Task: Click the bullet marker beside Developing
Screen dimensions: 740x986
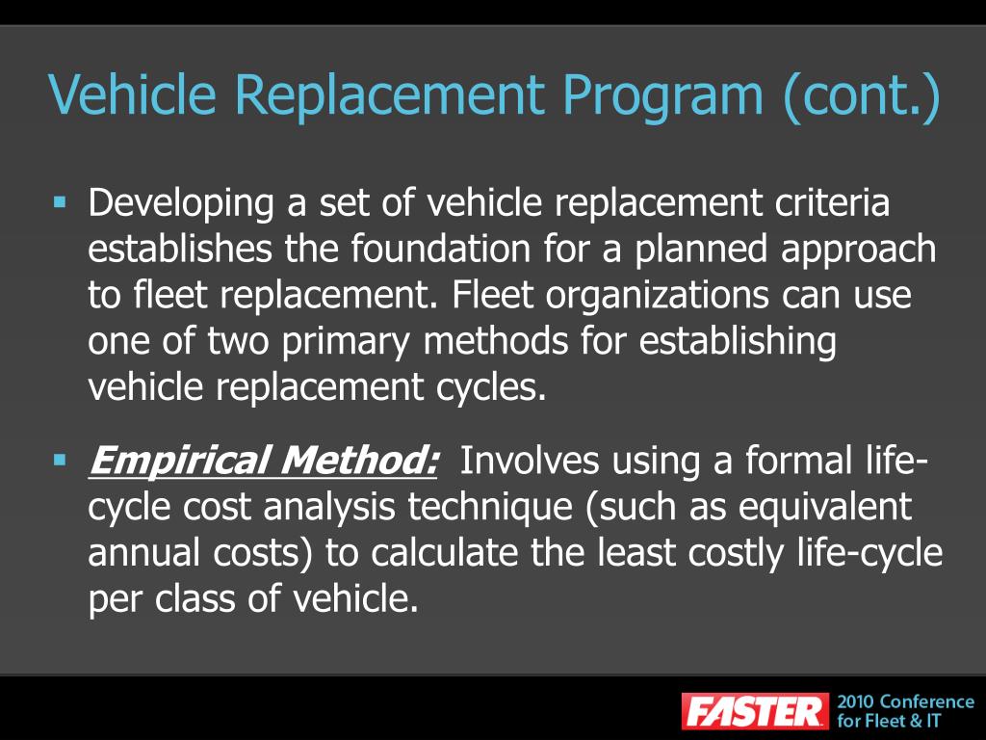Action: coord(60,203)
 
